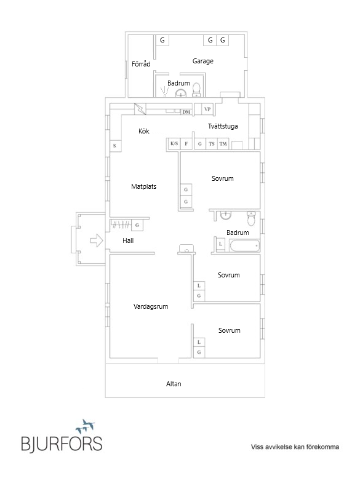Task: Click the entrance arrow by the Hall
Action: (x=97, y=240)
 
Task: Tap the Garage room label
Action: (x=203, y=61)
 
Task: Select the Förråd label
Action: (x=141, y=64)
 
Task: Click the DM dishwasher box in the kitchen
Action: (x=186, y=112)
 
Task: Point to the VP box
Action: (x=207, y=109)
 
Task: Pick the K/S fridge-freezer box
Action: (x=174, y=143)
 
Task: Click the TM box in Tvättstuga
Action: (x=223, y=143)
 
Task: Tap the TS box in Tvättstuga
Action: (x=212, y=143)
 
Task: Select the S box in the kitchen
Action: (x=115, y=146)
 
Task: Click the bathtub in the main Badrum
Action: (x=244, y=245)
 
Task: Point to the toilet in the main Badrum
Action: (x=251, y=218)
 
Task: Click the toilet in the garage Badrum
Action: (x=196, y=90)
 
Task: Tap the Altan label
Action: (x=174, y=384)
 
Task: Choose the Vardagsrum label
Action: (x=151, y=306)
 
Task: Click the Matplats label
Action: (x=143, y=186)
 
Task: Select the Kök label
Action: (x=143, y=131)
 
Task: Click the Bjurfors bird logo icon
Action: (x=86, y=426)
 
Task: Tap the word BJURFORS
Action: (x=62, y=444)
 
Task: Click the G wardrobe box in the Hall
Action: (x=137, y=225)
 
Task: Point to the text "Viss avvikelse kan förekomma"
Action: (x=295, y=447)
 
